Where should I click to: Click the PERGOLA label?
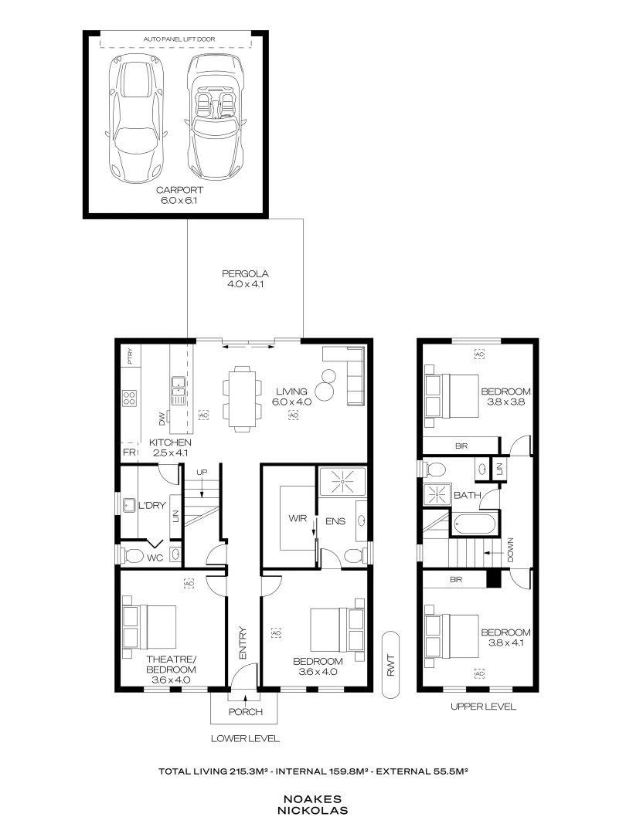click(x=245, y=274)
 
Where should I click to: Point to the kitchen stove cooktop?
click(x=130, y=398)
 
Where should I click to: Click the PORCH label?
click(x=246, y=711)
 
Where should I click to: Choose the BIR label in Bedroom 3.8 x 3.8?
click(x=461, y=446)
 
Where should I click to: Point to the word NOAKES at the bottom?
click(x=313, y=801)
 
